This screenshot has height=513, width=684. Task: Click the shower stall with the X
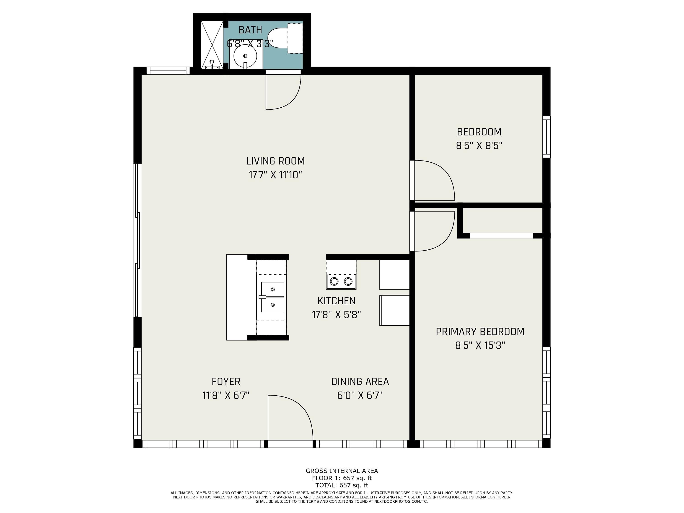click(x=212, y=45)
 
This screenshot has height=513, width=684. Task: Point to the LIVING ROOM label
click(x=275, y=161)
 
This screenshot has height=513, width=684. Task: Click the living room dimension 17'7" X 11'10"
click(x=275, y=175)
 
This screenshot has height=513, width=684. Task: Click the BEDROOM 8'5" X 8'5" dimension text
click(x=479, y=146)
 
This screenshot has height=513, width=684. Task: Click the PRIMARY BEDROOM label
click(x=480, y=332)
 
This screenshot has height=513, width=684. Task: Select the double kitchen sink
click(x=272, y=297)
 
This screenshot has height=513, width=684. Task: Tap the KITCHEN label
click(x=337, y=301)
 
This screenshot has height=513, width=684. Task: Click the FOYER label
click(x=226, y=382)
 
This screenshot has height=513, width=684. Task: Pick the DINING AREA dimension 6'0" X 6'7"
click(x=360, y=396)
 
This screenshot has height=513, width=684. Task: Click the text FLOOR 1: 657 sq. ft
click(x=342, y=478)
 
